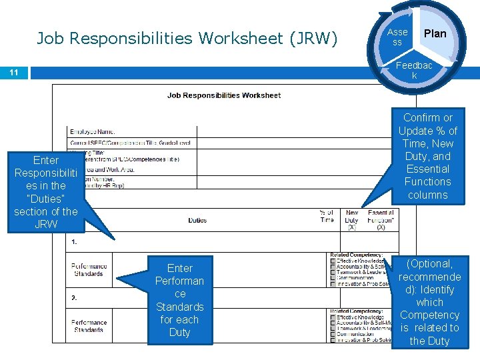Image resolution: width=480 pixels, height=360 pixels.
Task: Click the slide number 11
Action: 14,72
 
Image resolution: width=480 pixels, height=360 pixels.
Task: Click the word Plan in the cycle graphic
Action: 435,33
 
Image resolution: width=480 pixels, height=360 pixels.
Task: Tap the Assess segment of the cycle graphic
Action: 397,37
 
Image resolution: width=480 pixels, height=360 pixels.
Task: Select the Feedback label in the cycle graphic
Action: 414,71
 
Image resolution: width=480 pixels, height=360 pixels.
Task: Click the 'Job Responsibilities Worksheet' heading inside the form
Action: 224,95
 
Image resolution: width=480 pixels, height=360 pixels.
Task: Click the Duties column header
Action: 197,220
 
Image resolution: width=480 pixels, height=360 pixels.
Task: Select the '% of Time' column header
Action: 327,216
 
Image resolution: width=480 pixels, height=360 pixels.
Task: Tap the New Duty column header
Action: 352,220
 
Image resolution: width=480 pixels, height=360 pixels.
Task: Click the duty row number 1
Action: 74,242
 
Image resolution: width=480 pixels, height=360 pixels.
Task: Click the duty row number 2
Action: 74,297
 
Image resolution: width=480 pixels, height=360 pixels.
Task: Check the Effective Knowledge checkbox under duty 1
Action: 333,261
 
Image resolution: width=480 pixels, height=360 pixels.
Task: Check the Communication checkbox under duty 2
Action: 333,333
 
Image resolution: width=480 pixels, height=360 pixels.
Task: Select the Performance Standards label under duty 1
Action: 89,270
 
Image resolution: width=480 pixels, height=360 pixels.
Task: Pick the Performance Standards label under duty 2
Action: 89,326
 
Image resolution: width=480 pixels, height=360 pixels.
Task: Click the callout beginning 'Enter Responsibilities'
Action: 45,192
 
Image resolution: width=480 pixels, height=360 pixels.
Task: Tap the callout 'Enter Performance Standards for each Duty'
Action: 179,300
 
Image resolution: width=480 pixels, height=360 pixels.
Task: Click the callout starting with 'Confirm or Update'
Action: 427,156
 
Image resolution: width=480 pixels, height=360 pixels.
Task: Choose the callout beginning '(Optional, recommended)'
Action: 429,302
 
